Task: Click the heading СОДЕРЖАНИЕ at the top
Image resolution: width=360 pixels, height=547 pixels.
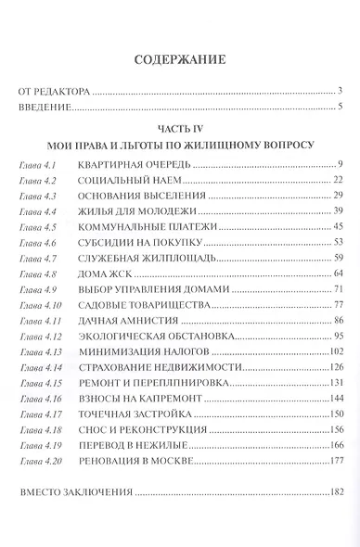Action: (x=180, y=62)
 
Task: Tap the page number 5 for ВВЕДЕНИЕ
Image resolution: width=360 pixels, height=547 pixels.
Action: (x=341, y=108)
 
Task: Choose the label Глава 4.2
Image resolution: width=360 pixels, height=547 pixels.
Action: (x=37, y=180)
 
